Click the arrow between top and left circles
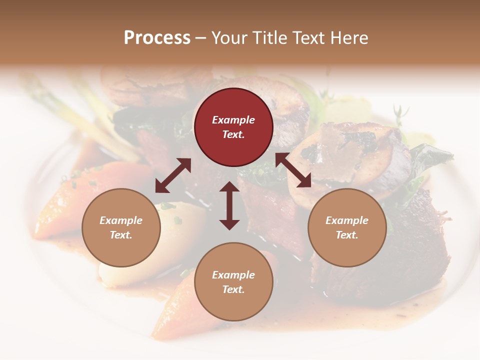pos(173,175)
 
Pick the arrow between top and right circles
pos(293,170)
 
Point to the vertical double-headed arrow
pos(229,205)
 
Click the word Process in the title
pos(157,37)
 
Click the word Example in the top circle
pos(233,120)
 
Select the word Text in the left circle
pos(121,235)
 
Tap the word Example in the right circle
pos(347,220)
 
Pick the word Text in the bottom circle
pos(233,289)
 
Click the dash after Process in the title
pos(200,38)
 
